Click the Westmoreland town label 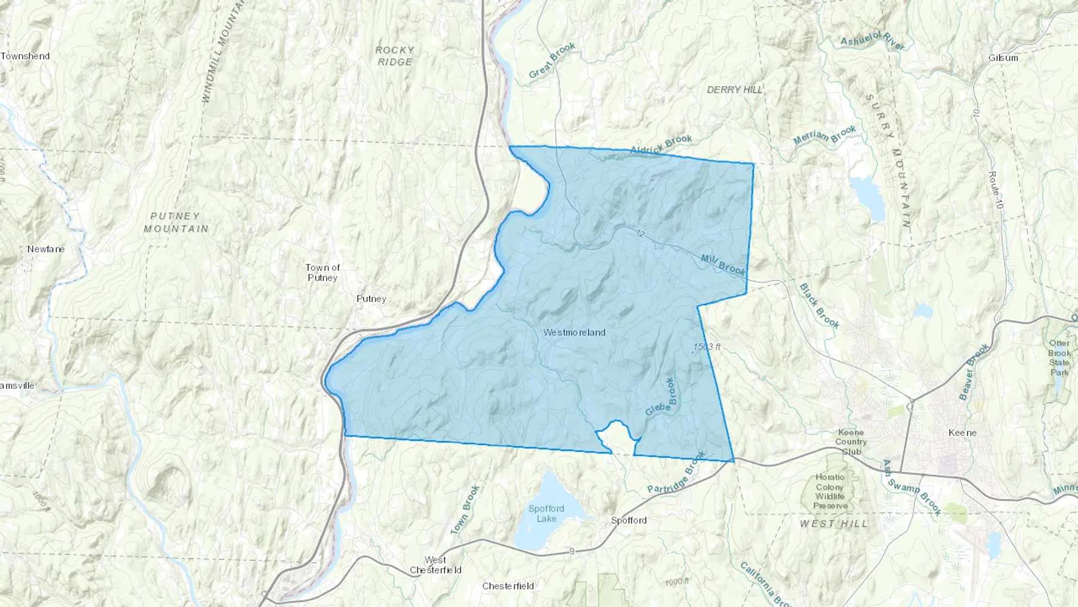click(x=574, y=333)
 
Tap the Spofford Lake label click(x=546, y=514)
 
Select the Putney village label click(x=371, y=298)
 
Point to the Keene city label click(x=962, y=433)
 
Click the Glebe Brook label click(x=661, y=398)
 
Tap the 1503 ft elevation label click(x=707, y=347)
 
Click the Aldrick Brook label click(x=661, y=144)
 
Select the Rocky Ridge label click(x=395, y=56)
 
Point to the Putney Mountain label click(x=176, y=222)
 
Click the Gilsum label click(x=1003, y=58)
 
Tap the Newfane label click(x=46, y=249)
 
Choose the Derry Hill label click(x=735, y=90)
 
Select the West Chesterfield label click(x=435, y=565)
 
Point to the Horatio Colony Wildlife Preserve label click(x=830, y=491)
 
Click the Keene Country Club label click(x=851, y=442)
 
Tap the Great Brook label click(x=552, y=61)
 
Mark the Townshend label click(x=25, y=56)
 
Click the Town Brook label click(x=465, y=509)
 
